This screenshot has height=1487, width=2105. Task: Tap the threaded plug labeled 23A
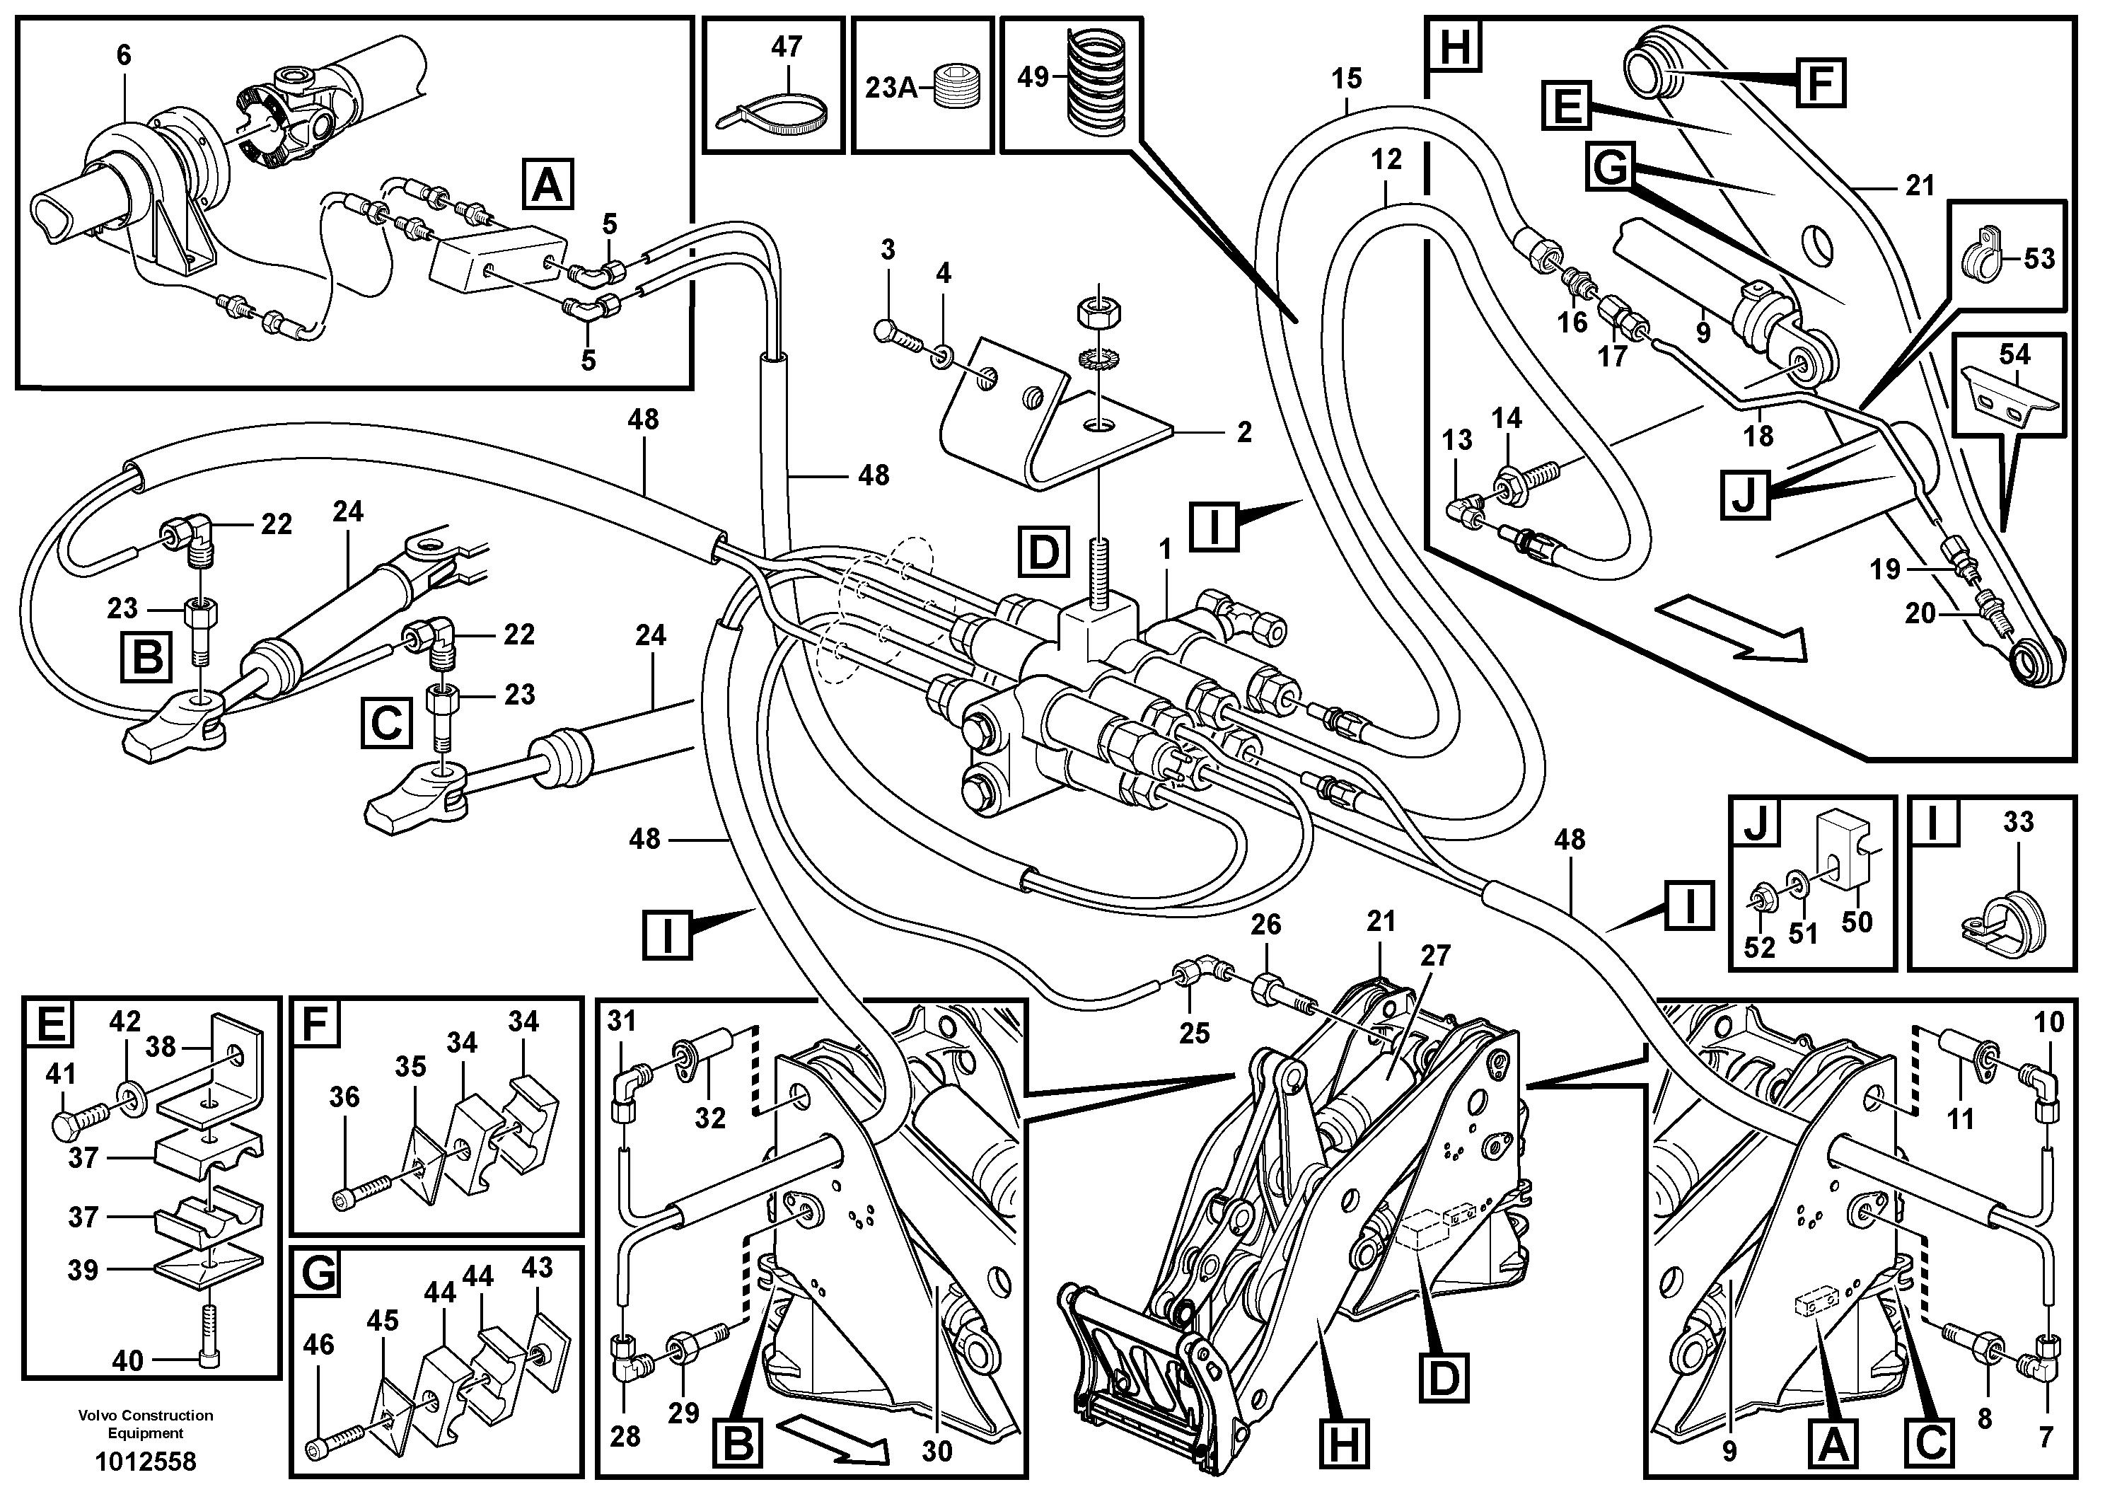958,90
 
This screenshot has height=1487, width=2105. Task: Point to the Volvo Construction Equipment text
146,1424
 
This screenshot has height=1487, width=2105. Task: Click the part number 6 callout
124,55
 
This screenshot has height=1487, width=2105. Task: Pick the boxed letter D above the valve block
1043,552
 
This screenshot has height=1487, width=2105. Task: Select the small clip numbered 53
1983,258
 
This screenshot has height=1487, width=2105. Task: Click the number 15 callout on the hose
1347,78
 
